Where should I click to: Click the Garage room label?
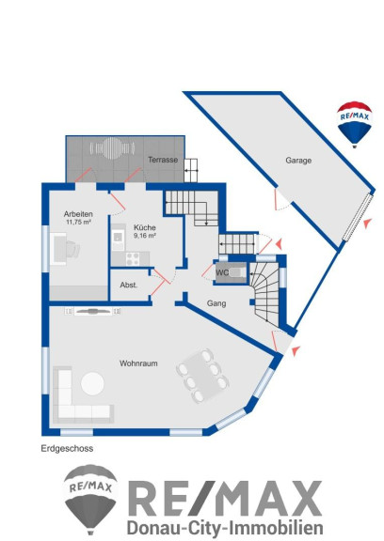click(x=298, y=161)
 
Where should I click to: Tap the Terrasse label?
click(x=163, y=160)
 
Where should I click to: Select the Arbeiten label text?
click(x=78, y=214)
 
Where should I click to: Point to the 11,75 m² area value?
click(x=78, y=223)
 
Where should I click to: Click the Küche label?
click(x=145, y=227)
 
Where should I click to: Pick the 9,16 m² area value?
click(x=145, y=236)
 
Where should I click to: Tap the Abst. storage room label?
click(x=129, y=286)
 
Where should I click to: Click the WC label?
click(x=222, y=272)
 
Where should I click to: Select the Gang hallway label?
click(x=216, y=303)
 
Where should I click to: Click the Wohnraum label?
click(x=138, y=363)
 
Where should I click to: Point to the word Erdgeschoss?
click(x=67, y=449)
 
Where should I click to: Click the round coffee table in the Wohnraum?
click(x=92, y=383)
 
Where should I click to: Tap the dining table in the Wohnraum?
click(x=202, y=375)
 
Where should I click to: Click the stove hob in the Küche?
click(x=133, y=259)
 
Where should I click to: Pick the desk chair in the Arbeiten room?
click(x=72, y=249)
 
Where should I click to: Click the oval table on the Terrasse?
click(x=112, y=148)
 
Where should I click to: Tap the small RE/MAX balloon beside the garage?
click(x=354, y=124)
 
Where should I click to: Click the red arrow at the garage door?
click(x=368, y=224)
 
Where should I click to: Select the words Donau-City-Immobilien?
click(x=225, y=528)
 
